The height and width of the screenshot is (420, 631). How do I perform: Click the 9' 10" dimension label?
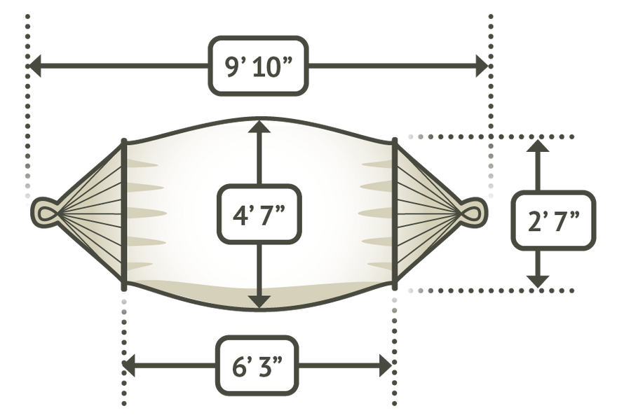[x=258, y=66]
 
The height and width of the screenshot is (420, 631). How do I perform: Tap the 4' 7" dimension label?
[x=259, y=214]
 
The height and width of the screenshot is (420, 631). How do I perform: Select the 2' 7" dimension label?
[x=553, y=220]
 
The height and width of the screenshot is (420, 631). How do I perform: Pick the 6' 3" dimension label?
[x=257, y=365]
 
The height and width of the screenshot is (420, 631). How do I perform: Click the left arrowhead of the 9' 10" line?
[x=34, y=66]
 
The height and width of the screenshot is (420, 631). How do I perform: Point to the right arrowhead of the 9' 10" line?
[x=482, y=66]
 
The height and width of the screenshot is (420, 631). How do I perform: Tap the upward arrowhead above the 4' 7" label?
[x=259, y=126]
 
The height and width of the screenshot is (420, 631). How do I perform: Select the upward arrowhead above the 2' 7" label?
[x=538, y=146]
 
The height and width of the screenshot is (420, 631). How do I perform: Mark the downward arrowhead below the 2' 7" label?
[x=538, y=281]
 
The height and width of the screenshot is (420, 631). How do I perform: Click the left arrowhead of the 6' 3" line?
[x=129, y=365]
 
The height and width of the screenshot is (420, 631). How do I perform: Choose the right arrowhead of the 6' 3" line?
[x=386, y=365]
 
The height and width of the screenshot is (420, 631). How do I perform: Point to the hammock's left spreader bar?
[x=124, y=214]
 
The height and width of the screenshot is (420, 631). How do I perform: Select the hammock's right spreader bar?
[x=395, y=214]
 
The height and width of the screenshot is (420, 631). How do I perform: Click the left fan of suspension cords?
[x=90, y=212]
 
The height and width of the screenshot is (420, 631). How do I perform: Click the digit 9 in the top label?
[x=233, y=67]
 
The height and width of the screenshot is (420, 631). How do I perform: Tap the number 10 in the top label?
[x=266, y=67]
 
